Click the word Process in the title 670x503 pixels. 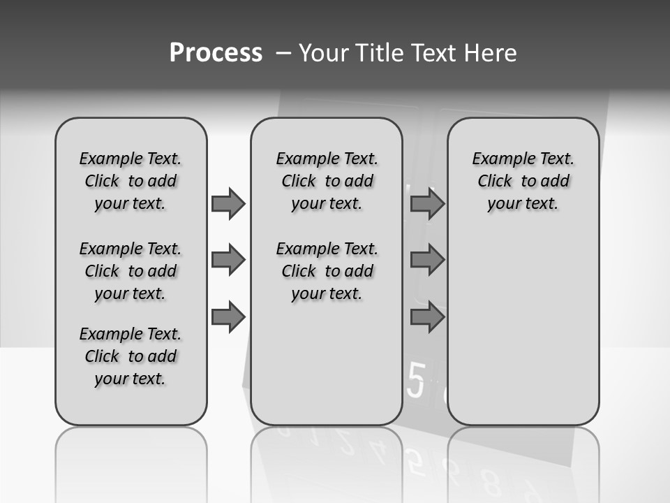[x=216, y=52]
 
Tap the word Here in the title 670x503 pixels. [x=491, y=53]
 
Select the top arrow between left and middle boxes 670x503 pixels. [x=228, y=203]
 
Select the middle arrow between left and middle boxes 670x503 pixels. [x=228, y=260]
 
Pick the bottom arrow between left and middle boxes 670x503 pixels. [x=228, y=317]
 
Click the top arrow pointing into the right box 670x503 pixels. [x=427, y=203]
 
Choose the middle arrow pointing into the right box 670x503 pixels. [x=427, y=260]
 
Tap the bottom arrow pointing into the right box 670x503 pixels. [x=427, y=317]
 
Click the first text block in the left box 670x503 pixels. [x=131, y=181]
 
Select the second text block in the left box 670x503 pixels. [x=131, y=271]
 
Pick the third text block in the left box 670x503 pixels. [x=131, y=356]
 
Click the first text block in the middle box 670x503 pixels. [x=327, y=181]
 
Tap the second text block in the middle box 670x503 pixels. [x=327, y=271]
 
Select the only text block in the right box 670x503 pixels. [x=523, y=181]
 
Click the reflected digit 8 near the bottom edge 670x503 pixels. [x=492, y=483]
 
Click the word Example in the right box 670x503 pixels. [x=498, y=159]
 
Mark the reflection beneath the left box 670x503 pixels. [x=131, y=461]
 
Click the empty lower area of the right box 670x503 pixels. [x=523, y=335]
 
